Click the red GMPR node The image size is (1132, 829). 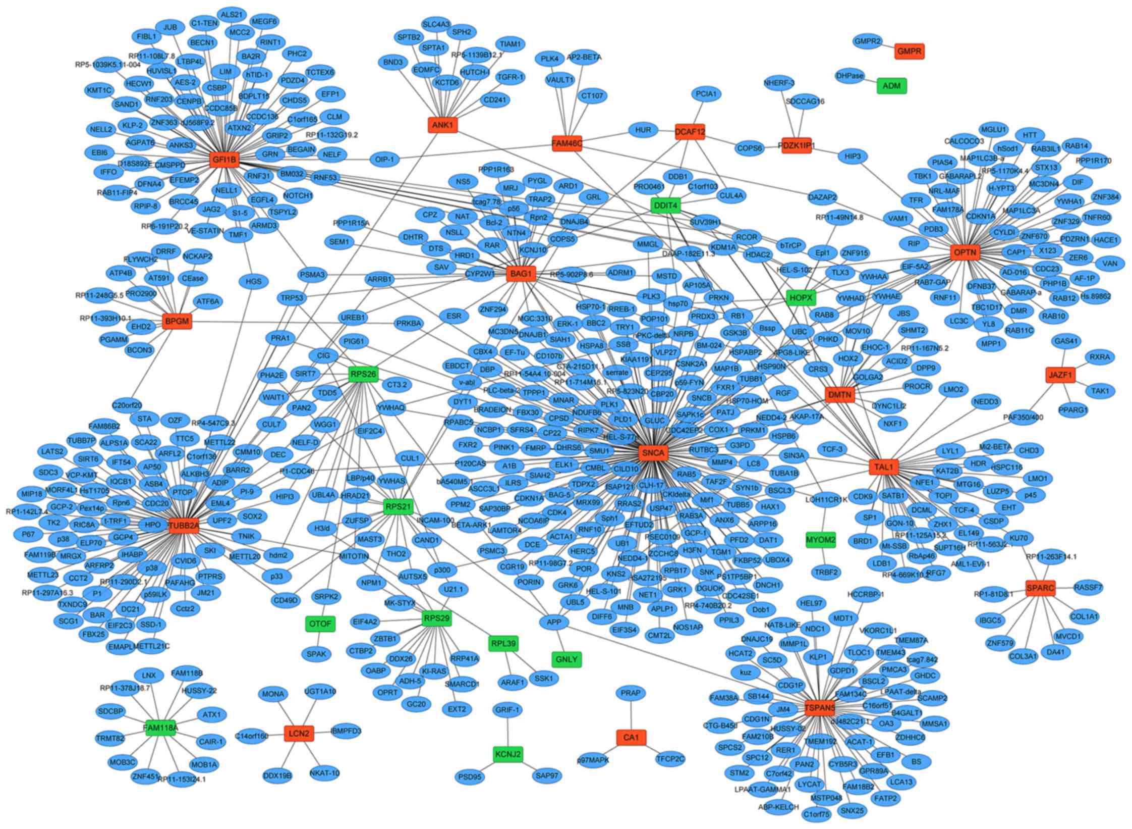(910, 51)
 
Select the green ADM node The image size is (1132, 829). (891, 86)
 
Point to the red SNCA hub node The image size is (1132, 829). (653, 453)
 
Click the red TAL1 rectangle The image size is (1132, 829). (884, 468)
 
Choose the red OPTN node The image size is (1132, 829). (965, 252)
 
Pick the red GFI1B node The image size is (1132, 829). (224, 160)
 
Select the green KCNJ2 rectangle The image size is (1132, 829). (507, 754)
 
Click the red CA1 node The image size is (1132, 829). (631, 738)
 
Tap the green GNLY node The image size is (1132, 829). (567, 659)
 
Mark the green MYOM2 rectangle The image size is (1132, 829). (820, 540)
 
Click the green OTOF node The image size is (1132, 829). (320, 624)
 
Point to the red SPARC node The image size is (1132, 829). (1040, 588)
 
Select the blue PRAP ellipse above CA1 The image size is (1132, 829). (631, 693)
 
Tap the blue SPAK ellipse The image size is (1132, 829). (316, 654)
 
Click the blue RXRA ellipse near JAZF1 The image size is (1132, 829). (1100, 357)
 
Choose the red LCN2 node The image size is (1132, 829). (299, 733)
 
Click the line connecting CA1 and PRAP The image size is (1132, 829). (631, 715)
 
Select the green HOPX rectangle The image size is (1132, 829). (801, 298)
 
